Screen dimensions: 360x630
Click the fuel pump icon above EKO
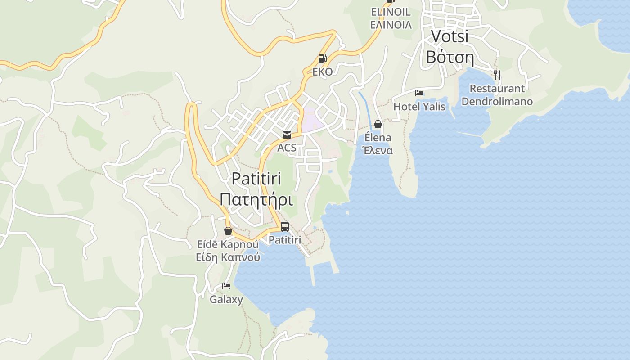point(322,58)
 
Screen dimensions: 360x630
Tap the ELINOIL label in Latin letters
point(391,12)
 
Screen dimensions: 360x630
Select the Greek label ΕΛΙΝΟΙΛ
point(391,25)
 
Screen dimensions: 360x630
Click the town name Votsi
point(450,36)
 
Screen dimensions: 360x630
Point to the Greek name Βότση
point(450,57)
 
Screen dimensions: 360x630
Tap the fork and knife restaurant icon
point(497,75)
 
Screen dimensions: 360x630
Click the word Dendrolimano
point(497,101)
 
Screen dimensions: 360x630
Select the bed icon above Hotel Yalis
point(419,93)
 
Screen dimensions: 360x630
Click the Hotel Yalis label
point(419,107)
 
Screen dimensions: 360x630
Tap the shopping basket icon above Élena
point(378,124)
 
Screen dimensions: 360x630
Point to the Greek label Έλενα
point(378,151)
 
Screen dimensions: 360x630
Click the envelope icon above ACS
point(287,135)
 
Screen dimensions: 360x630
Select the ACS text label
point(287,148)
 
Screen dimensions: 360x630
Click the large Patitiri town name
point(256,179)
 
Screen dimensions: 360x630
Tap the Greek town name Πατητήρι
point(256,199)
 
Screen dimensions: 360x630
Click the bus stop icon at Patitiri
point(285,227)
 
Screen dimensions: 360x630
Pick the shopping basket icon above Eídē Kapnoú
point(228,231)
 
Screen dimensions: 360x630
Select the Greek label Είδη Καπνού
point(228,258)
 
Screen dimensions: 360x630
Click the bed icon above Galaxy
point(226,286)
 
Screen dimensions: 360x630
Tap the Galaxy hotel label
point(226,299)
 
